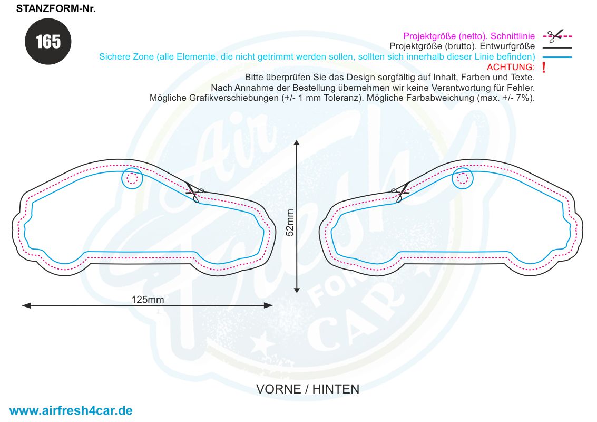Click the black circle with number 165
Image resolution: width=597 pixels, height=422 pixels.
[x=48, y=41]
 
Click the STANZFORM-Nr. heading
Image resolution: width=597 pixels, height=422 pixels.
[x=55, y=8]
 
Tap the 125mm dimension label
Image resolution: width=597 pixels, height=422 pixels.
[x=148, y=300]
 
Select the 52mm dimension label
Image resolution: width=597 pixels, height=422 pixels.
[x=290, y=223]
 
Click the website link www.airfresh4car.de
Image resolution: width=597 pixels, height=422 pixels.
[x=71, y=410]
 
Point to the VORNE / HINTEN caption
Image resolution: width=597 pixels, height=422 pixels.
[x=308, y=389]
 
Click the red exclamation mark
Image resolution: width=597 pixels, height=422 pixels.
[x=544, y=68]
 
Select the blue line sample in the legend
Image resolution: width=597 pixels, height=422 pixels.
[x=557, y=57]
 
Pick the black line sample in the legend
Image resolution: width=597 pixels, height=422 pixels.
[x=557, y=47]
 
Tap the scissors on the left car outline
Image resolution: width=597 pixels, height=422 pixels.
[x=194, y=193]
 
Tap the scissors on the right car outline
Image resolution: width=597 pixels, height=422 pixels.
[x=400, y=193]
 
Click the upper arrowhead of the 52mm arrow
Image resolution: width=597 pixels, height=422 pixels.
[x=297, y=142]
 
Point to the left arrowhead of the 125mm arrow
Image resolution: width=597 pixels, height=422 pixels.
[x=25, y=305]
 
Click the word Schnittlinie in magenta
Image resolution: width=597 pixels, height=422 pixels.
[x=513, y=36]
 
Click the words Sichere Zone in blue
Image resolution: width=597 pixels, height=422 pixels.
[x=126, y=57]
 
